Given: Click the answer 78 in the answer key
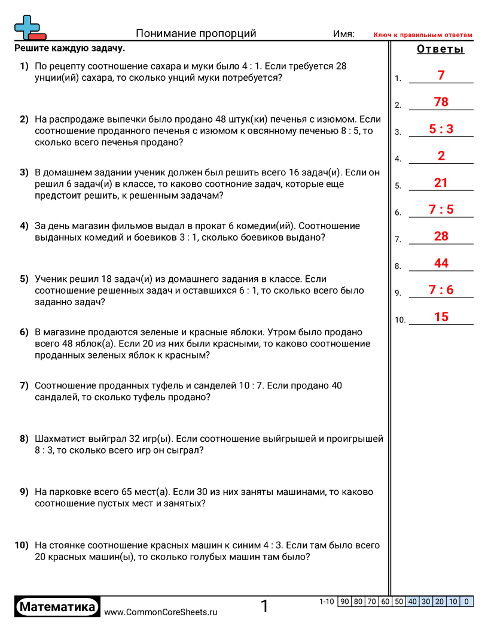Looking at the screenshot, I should point(441,102).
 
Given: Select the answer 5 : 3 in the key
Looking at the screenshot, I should point(441,129).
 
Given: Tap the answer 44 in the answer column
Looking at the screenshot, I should point(441,263).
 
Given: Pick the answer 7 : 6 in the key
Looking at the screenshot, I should point(441,290).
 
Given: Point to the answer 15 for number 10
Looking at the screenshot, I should point(441,317).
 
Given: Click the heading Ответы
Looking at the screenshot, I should point(440,50).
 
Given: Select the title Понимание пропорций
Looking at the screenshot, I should point(196,34).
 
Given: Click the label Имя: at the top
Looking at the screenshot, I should point(343,34).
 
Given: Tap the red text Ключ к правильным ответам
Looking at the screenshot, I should point(423,35).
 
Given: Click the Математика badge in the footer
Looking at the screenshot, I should point(57,607).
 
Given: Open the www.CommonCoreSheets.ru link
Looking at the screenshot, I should point(161,612).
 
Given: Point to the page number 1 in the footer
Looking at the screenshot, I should point(265,607).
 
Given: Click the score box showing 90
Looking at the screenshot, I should point(344,601).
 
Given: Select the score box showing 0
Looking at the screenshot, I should point(466,601).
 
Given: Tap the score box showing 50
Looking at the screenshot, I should point(399,601).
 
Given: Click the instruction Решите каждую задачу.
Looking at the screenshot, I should point(70,48).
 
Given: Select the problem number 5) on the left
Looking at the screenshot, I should point(24,279).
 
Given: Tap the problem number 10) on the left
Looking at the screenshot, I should point(22,545).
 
